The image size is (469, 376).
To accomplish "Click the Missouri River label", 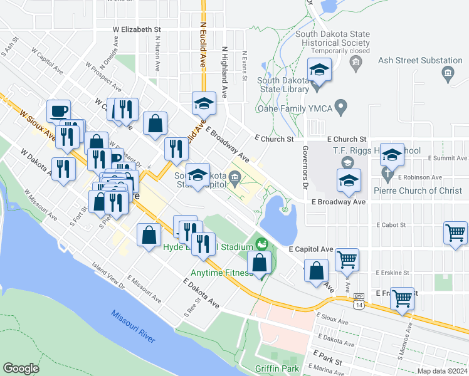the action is (134, 326).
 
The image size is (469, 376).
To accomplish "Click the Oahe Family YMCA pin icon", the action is (341, 108).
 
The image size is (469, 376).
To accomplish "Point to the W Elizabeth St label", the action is (137, 29).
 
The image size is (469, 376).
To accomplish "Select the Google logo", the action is (21, 368).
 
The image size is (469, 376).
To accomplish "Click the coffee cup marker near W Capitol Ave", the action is (59, 111).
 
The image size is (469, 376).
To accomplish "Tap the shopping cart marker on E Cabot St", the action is (456, 232).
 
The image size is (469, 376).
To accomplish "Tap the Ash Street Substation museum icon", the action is (448, 74).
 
